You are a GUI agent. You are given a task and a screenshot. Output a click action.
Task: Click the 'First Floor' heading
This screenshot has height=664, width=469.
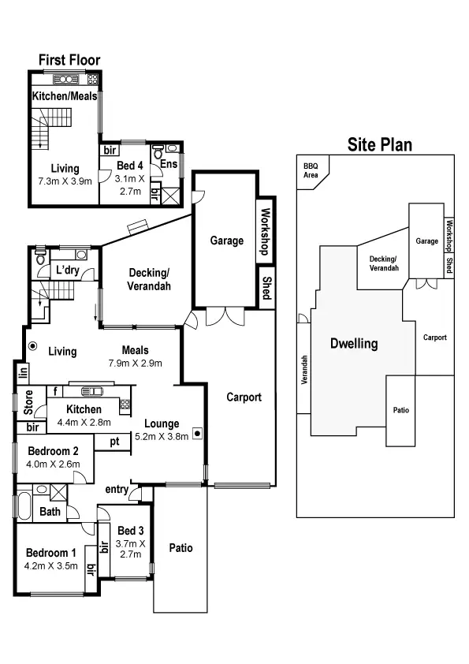[x=69, y=60]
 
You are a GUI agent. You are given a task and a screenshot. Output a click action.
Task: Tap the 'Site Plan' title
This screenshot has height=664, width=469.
[x=380, y=144]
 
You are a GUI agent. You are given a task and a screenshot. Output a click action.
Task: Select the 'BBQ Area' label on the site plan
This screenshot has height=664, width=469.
[x=311, y=170]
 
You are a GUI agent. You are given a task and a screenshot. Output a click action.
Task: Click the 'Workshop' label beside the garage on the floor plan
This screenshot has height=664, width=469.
[x=266, y=229]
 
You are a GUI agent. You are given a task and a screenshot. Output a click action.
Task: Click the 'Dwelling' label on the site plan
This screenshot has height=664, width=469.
[x=354, y=344]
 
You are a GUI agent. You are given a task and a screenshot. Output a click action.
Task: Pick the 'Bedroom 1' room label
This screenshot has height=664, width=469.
[x=51, y=552]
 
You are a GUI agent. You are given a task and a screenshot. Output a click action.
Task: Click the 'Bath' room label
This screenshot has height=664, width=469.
[x=50, y=512]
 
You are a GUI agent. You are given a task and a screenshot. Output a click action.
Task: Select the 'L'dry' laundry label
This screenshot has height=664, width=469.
[x=65, y=270]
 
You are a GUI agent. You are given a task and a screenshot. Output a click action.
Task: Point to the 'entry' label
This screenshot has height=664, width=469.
[x=117, y=490]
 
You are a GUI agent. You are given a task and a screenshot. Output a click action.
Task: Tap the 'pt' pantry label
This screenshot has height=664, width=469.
[x=114, y=441]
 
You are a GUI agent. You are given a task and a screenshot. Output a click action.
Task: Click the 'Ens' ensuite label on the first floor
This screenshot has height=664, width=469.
[x=168, y=164]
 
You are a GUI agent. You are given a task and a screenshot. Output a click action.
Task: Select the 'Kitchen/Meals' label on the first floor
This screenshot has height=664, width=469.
[x=65, y=96]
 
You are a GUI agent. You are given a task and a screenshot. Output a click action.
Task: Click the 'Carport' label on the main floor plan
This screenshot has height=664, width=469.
[x=244, y=397]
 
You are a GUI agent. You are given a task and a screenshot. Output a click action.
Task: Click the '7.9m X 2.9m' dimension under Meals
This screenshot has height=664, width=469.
[x=136, y=364]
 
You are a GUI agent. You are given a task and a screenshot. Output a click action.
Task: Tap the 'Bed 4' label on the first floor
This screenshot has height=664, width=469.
[x=130, y=165]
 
